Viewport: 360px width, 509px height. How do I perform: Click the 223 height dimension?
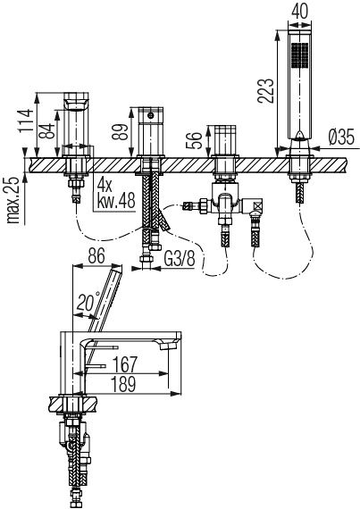(x=266, y=91)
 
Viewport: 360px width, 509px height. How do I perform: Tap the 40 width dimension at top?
(x=299, y=11)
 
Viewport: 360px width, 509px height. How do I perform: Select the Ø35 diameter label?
(x=341, y=137)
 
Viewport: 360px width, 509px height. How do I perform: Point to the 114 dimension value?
(x=26, y=121)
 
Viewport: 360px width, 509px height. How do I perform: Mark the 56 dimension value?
(x=195, y=140)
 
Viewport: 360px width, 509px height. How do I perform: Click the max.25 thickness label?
(x=13, y=200)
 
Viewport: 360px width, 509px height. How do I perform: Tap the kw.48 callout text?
(x=116, y=202)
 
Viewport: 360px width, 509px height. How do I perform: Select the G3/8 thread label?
(x=180, y=259)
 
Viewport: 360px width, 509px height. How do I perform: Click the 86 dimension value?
(x=96, y=255)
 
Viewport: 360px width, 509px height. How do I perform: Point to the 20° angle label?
(x=88, y=301)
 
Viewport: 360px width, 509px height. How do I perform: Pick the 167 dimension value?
(x=125, y=364)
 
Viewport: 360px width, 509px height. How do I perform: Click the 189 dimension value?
(x=123, y=384)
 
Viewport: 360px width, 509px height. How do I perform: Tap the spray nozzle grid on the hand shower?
(x=299, y=55)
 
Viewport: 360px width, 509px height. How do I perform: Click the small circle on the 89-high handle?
(x=150, y=115)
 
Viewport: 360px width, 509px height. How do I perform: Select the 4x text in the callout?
(x=105, y=186)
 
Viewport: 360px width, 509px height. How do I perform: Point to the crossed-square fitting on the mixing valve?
(x=258, y=205)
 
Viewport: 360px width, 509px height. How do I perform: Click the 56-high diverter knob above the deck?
(x=225, y=140)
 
